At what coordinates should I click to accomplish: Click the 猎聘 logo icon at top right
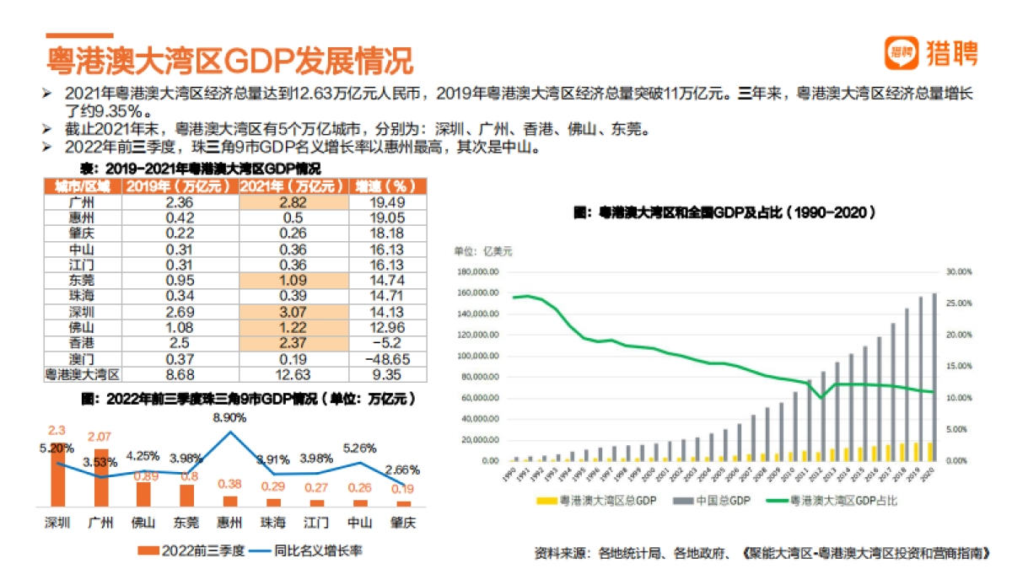click(x=901, y=53)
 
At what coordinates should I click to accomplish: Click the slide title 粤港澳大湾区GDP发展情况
click(x=229, y=62)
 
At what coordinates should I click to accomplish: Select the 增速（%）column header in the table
click(x=380, y=186)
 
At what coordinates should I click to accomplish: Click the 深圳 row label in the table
click(x=82, y=312)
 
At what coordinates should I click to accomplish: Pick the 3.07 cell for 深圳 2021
click(x=293, y=312)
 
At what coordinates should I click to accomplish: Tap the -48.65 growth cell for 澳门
click(x=380, y=358)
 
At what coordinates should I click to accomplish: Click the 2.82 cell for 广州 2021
click(x=293, y=202)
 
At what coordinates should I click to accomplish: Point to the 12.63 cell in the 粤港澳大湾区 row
click(x=293, y=373)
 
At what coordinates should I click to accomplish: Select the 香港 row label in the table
click(x=82, y=343)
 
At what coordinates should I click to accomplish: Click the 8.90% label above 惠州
click(x=229, y=417)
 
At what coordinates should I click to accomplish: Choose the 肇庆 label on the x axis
click(x=404, y=523)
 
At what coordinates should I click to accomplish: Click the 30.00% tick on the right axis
click(x=960, y=271)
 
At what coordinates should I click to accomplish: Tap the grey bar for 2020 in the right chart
click(x=934, y=378)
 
